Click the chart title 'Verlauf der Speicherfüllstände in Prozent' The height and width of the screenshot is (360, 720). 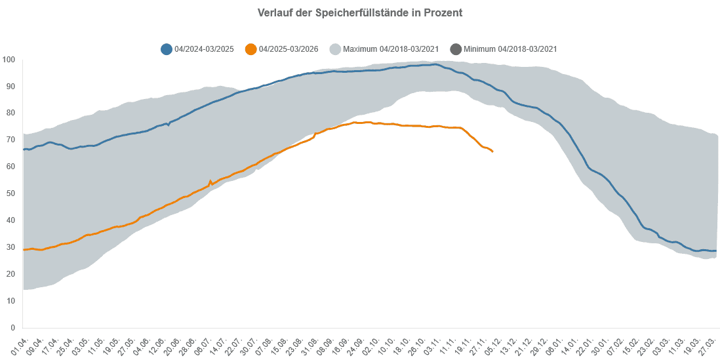click(x=359, y=13)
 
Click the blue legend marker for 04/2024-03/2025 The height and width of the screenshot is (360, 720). click(x=167, y=49)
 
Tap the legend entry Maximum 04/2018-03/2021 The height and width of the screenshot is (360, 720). click(x=391, y=49)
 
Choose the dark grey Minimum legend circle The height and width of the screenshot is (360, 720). click(x=455, y=49)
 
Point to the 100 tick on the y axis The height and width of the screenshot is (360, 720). click(x=9, y=60)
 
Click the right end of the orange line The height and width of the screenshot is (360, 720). click(x=492, y=151)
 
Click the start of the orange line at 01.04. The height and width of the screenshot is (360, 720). click(x=24, y=250)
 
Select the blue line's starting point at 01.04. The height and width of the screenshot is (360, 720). click(x=24, y=150)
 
